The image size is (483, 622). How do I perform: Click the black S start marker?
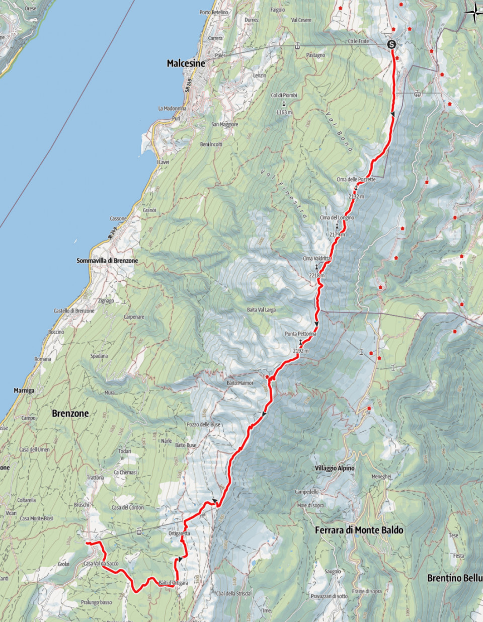click(x=391, y=45)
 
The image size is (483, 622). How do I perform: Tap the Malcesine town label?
click(x=186, y=63)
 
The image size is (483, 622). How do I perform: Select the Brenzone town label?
click(x=70, y=413)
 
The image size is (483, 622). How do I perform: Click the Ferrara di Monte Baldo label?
click(x=359, y=530)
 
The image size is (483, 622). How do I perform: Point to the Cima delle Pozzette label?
click(x=356, y=180)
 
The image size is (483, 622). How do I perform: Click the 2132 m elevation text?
click(x=356, y=196)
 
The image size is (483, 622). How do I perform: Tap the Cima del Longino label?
click(x=337, y=217)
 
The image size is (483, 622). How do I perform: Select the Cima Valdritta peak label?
click(x=316, y=258)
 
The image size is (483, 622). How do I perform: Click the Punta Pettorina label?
click(x=300, y=334)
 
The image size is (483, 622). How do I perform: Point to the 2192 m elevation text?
click(x=300, y=351)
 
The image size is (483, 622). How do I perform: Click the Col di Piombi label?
click(x=284, y=95)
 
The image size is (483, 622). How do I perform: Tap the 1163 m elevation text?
click(x=284, y=112)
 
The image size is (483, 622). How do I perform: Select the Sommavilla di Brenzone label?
click(x=107, y=261)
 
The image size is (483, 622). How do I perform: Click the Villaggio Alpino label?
click(x=335, y=468)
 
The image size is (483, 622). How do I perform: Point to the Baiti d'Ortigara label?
click(x=173, y=583)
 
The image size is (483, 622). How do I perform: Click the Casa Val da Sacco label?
click(x=101, y=564)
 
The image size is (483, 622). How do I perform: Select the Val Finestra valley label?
click(x=284, y=193)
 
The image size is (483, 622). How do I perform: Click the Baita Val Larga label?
click(x=261, y=310)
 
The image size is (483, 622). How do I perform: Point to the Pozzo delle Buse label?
click(x=203, y=424)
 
